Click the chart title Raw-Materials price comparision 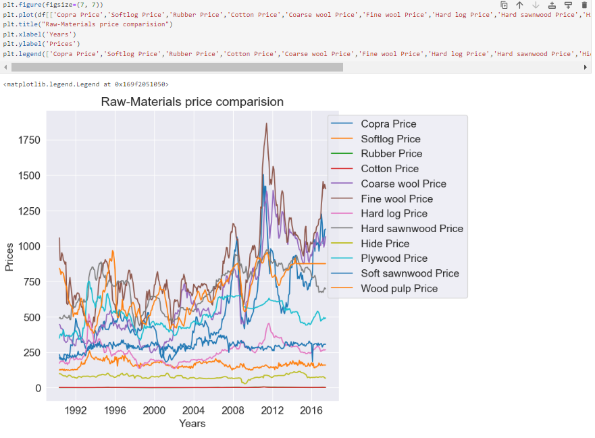tap(192, 102)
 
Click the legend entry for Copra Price tap(388, 124)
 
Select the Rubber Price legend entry tap(391, 154)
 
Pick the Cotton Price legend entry tap(390, 169)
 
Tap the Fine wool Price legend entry tap(396, 199)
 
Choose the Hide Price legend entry tap(385, 244)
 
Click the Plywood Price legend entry tap(394, 258)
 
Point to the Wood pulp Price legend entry tap(399, 289)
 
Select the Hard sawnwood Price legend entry tap(412, 229)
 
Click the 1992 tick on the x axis tap(76, 410)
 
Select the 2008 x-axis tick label tap(233, 410)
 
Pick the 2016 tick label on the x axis tap(311, 410)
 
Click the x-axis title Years tap(192, 424)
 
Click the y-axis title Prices tap(9, 257)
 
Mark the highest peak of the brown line tap(266, 124)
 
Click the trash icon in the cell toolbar tap(584, 5)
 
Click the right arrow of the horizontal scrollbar tap(586, 67)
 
